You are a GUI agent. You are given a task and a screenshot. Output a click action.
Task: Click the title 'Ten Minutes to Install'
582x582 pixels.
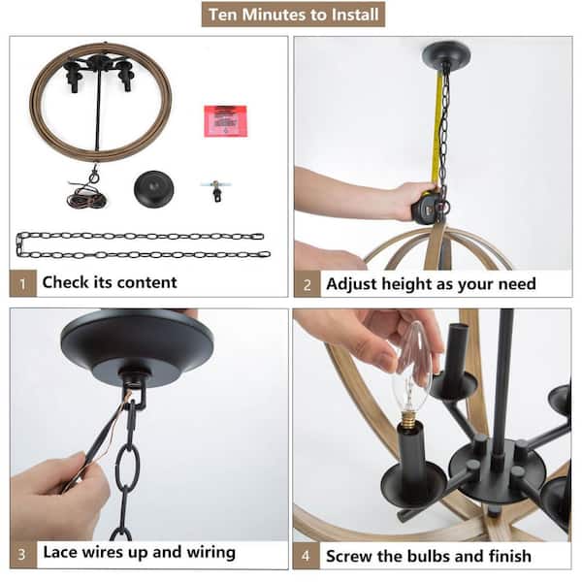pos(293,15)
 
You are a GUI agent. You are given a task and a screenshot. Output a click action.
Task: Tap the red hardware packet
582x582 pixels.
pos(225,121)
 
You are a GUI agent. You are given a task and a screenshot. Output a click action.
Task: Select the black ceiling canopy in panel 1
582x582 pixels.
pos(153,188)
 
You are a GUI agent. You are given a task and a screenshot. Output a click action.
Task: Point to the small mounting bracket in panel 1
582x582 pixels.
pos(216,190)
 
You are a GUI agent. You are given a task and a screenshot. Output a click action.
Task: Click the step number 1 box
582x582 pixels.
pos(22,283)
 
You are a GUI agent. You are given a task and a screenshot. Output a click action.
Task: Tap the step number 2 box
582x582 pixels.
pos(307,284)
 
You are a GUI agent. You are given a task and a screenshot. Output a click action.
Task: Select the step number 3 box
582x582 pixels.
pos(23,554)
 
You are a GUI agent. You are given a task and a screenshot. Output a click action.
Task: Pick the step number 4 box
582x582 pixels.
pos(306,556)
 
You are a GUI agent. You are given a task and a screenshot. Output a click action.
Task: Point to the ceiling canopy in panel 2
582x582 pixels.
pos(446,52)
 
